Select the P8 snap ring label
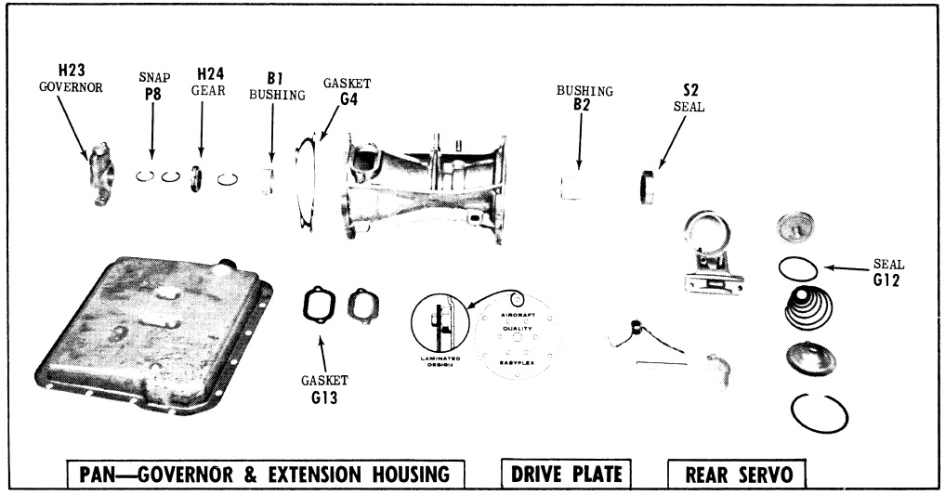(151, 93)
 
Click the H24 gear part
(197, 176)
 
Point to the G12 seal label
(887, 278)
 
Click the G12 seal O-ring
(798, 267)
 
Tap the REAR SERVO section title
(738, 475)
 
